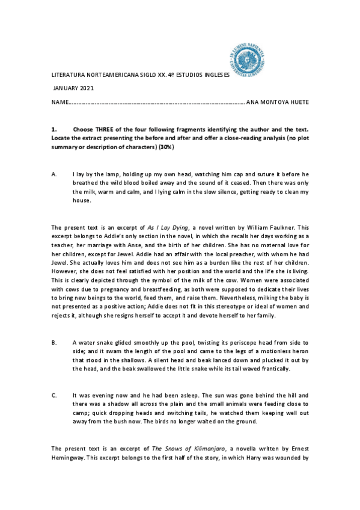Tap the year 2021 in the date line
(x=87, y=89)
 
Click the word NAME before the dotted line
(x=59, y=102)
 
